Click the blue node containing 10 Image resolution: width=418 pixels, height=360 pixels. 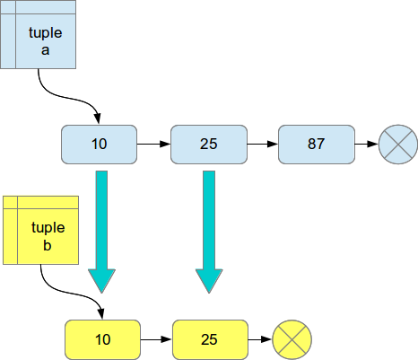click(99, 145)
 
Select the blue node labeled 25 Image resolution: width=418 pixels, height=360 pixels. click(209, 145)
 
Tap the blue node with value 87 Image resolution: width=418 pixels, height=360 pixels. click(317, 145)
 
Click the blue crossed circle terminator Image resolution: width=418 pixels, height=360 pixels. click(398, 145)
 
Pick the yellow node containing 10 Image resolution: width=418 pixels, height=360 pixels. click(102, 339)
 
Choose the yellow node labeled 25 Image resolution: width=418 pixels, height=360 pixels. click(210, 339)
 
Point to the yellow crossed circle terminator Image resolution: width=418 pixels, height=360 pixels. click(292, 339)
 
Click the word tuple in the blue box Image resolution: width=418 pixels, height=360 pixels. click(46, 33)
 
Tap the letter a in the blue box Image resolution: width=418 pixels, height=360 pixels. click(45, 50)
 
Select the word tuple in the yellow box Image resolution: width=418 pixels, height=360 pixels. click(48, 228)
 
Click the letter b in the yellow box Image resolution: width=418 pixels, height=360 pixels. click(48, 245)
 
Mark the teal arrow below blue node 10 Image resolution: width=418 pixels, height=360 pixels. click(101, 232)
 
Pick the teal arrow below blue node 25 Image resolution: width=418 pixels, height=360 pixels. click(209, 232)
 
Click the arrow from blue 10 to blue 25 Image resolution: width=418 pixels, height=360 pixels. click(153, 145)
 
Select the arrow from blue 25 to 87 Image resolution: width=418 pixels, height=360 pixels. click(263, 145)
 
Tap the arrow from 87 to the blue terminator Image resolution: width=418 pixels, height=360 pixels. click(367, 145)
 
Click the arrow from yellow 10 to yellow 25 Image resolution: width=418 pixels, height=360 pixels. click(156, 339)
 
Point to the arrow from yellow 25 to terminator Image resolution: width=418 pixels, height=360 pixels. click(260, 339)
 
